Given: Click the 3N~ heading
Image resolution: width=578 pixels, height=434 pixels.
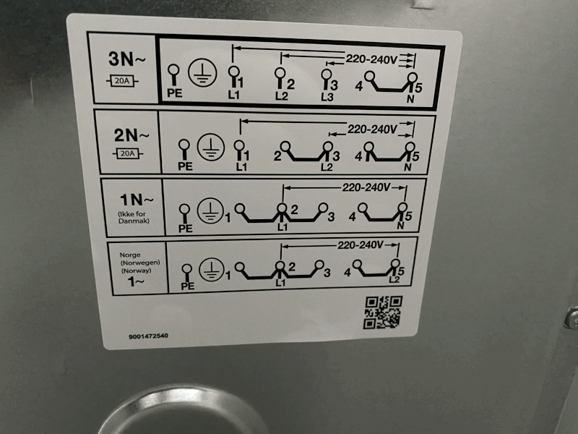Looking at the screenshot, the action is [127, 59].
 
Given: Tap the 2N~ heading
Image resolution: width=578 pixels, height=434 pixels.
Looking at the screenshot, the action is [131, 135].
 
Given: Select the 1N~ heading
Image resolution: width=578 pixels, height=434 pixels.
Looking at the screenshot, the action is [137, 200].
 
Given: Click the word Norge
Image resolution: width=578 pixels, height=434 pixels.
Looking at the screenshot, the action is [130, 255].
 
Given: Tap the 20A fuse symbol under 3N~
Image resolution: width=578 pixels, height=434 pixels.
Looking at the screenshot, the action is [122, 81].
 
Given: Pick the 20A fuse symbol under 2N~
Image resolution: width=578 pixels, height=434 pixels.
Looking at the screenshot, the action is [128, 153].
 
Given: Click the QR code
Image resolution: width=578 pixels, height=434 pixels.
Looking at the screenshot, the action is [383, 312].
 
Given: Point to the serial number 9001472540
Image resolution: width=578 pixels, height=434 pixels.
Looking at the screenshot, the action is [148, 336].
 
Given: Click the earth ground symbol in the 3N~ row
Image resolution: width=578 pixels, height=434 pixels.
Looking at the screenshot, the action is [202, 73].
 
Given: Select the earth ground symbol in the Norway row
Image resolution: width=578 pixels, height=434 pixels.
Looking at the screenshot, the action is [212, 270].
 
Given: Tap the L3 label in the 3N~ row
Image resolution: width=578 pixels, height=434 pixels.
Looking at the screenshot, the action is [327, 97].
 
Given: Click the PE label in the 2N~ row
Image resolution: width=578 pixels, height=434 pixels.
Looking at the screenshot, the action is [185, 166].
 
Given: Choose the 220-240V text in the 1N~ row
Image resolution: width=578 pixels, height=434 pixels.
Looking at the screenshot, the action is [366, 187].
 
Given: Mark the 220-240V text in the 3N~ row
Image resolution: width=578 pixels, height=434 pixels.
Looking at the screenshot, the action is [371, 59].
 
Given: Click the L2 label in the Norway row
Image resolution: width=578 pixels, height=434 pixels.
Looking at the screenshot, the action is [394, 279].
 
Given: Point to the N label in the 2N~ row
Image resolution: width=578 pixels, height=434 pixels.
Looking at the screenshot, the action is [407, 167].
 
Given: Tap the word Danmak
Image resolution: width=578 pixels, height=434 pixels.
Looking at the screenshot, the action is [134, 221].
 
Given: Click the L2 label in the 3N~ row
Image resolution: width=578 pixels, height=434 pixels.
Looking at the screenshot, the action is [281, 96].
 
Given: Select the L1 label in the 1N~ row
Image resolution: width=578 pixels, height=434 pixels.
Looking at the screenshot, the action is [282, 226].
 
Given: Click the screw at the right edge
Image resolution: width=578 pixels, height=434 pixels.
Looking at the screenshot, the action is [572, 318].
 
